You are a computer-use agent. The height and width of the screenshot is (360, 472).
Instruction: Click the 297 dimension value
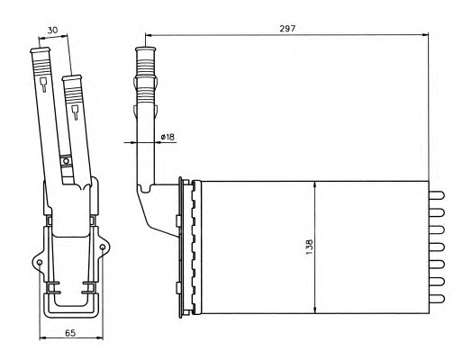(x=287, y=29)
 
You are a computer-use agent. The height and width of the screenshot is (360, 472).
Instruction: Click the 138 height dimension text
(x=309, y=247)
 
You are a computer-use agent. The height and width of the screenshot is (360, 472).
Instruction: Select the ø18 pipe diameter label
(x=168, y=137)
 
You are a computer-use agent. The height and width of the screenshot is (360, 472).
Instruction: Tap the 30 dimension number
(x=52, y=30)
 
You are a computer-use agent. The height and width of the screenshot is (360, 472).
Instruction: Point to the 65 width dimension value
(x=70, y=333)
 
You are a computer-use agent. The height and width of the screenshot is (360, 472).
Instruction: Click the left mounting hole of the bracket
(x=40, y=263)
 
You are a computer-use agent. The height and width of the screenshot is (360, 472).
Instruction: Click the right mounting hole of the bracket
(x=103, y=247)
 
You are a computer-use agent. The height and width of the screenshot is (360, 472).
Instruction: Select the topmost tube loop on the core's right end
(x=437, y=195)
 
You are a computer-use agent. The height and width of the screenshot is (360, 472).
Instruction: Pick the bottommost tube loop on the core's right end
(x=437, y=299)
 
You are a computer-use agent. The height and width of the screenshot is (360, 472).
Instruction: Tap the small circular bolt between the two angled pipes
(x=66, y=161)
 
